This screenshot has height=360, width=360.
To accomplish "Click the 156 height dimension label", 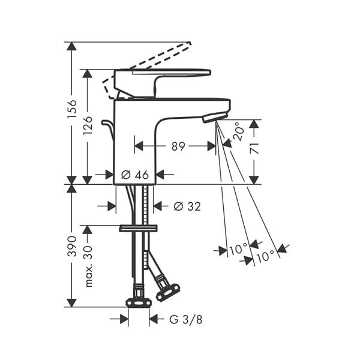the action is pos(71,109).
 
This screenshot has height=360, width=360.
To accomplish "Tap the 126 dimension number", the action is pos(88,125).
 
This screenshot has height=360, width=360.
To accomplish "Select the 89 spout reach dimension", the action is pos(178,146).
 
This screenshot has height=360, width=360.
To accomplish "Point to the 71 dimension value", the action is pos(254,148).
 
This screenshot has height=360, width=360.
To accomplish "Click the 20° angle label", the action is pos(238,131).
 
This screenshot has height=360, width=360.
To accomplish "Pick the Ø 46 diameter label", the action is pos(135,175).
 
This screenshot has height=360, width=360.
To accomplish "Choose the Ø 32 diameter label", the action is pos(187,206).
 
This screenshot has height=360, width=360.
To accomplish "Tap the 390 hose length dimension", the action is pos(71,246).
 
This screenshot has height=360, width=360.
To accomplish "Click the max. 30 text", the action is pos(89,266).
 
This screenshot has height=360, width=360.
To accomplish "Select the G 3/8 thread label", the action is pos(186,319).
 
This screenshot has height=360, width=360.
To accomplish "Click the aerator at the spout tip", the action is pos(215,117).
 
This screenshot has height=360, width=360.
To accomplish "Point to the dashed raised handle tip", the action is pos(189,44).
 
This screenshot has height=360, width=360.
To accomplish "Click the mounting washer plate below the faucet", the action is pos(139,229).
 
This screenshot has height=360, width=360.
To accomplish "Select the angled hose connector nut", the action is pos(168,292).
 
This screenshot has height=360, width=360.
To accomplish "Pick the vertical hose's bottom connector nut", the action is pos(139,302).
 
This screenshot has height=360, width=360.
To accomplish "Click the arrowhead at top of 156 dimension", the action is pos(71,46).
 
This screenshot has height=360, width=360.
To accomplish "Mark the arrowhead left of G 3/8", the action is pos(124,319).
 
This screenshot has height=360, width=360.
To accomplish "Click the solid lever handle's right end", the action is pos(210,72).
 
